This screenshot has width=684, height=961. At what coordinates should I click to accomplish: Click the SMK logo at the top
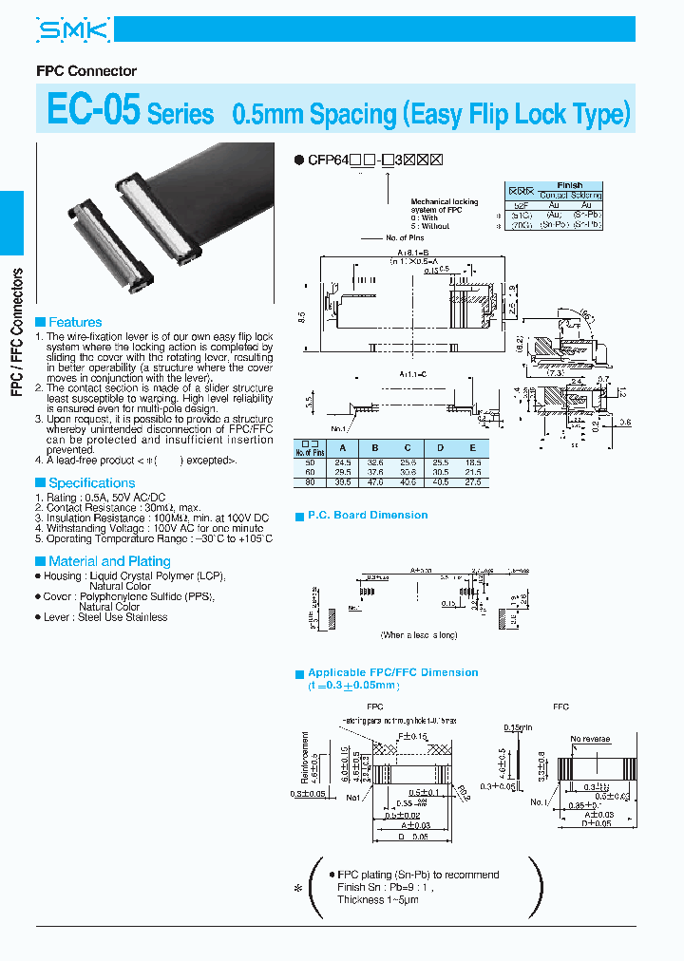(73, 31)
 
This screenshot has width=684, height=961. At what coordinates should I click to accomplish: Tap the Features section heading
(75, 322)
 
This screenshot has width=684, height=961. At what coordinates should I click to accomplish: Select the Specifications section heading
(92, 482)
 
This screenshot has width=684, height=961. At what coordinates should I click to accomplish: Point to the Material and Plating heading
(109, 561)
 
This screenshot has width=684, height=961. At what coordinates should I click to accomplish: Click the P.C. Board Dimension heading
(368, 515)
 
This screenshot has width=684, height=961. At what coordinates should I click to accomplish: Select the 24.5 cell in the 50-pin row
(343, 461)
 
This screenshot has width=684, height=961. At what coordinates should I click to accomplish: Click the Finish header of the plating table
(570, 185)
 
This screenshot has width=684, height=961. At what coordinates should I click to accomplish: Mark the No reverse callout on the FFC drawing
(589, 737)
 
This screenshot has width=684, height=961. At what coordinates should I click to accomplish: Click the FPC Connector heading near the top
(86, 71)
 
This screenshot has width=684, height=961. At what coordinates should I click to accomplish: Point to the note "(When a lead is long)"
(419, 634)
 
